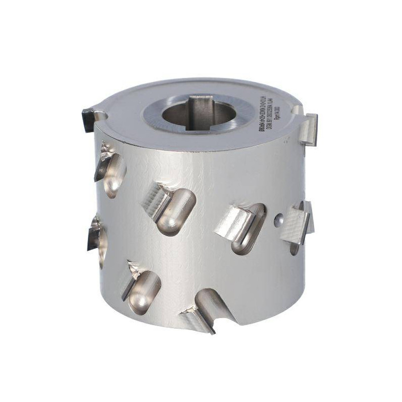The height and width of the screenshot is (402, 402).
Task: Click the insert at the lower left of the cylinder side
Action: pos(132,279)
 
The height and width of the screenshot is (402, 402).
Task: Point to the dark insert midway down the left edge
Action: pos(93,234)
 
